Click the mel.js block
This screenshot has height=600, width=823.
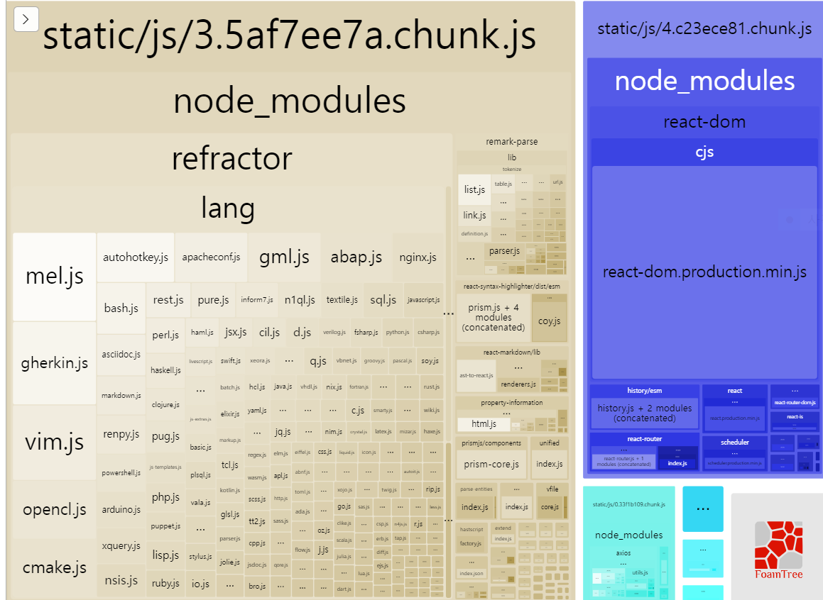pos(54,277)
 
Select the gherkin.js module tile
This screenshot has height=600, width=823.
pos(54,363)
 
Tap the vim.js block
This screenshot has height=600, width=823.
pos(54,443)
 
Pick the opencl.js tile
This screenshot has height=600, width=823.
pos(54,509)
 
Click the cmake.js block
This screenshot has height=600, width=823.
pos(54,567)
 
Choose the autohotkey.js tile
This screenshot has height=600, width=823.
pos(136,257)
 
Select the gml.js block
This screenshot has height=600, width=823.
pos(284,257)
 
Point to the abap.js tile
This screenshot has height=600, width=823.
pos(356,257)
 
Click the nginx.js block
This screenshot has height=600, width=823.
pos(418,257)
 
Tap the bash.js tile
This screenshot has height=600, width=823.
pos(121,308)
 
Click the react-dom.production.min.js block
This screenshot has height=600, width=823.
pos(704,272)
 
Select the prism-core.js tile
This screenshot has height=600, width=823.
pos(491,465)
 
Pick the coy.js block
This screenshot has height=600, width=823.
pos(549,320)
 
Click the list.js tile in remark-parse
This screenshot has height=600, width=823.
pos(474,189)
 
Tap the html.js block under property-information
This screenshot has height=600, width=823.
pos(483,424)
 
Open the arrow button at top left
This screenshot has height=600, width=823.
pos(26,20)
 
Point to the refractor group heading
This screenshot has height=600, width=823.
pos(231,159)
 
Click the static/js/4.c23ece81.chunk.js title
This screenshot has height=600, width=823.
pos(704,29)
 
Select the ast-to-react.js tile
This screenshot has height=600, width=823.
pos(476,376)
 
